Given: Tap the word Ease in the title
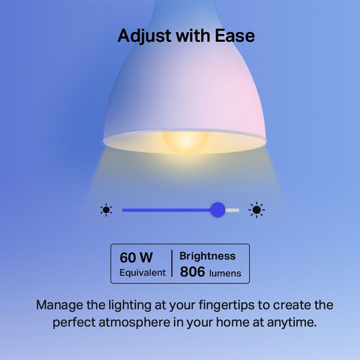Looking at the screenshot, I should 235,36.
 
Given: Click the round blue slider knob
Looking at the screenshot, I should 217,210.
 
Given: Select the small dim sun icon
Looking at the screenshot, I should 106,210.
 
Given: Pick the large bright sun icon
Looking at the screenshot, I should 256,210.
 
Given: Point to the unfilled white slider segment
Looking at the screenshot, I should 232,210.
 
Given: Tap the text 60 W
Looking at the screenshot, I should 136,258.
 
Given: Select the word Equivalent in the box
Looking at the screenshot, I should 142,273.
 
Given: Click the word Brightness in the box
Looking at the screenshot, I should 207,256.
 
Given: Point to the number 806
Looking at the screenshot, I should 192,272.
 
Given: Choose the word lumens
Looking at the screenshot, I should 225,273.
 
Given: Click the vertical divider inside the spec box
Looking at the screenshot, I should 172,263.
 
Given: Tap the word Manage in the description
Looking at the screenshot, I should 59,305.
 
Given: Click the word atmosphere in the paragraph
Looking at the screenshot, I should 134,322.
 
